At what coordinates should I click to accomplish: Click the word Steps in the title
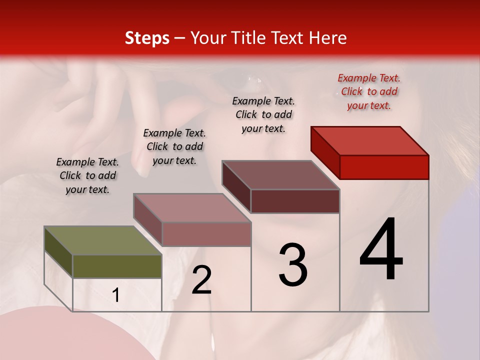pyautogui.click(x=147, y=38)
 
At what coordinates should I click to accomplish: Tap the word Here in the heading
pyautogui.click(x=328, y=38)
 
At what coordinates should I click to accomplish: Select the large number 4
pyautogui.click(x=381, y=250)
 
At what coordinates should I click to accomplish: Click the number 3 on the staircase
pyautogui.click(x=293, y=265)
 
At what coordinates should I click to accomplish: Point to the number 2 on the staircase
pyautogui.click(x=201, y=280)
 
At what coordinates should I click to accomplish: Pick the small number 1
pyautogui.click(x=116, y=295)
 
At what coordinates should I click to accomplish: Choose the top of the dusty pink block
pyautogui.click(x=192, y=208)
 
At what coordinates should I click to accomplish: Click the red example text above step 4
pyautogui.click(x=369, y=91)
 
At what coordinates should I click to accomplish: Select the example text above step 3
pyautogui.click(x=263, y=114)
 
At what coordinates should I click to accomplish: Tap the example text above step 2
pyautogui.click(x=174, y=146)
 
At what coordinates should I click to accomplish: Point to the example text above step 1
pyautogui.click(x=87, y=175)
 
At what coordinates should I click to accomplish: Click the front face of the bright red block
pyautogui.click(x=384, y=167)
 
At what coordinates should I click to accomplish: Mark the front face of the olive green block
pyautogui.click(x=117, y=266)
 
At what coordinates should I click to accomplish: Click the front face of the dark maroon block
pyautogui.click(x=295, y=201)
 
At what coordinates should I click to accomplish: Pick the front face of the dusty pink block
pyautogui.click(x=206, y=234)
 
